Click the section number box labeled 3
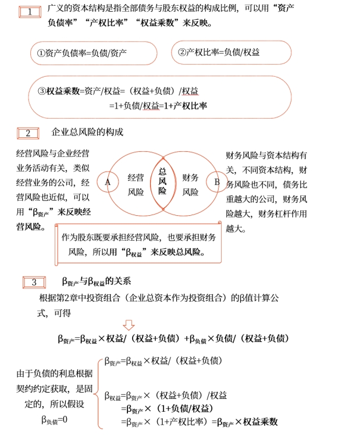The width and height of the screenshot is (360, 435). click(x=34, y=283)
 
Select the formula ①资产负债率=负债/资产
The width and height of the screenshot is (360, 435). click(x=82, y=53)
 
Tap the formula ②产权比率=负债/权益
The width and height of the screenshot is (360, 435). click(x=219, y=52)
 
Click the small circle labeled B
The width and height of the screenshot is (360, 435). click(x=217, y=182)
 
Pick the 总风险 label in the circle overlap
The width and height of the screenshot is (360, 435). click(x=162, y=181)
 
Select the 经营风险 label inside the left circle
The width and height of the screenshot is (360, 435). click(x=136, y=184)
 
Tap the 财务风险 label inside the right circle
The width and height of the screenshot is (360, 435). click(x=190, y=184)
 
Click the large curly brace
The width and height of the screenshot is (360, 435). click(x=99, y=389)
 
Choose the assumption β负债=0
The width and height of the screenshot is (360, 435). click(x=54, y=420)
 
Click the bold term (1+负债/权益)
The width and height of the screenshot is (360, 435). click(x=179, y=409)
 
